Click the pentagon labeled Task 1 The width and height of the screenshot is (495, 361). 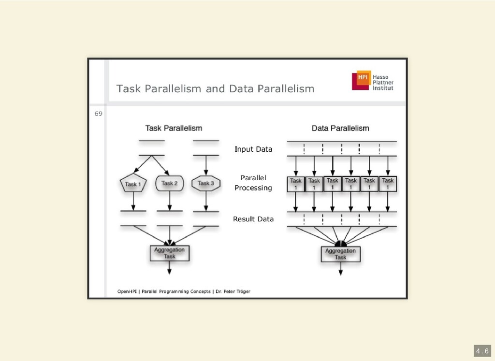tap(133, 184)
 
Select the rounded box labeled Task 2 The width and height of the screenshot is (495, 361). tap(170, 183)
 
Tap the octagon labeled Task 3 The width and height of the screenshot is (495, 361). tap(206, 183)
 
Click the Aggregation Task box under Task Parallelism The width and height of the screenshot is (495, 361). tap(169, 253)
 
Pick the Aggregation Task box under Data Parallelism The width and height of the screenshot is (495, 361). tap(340, 254)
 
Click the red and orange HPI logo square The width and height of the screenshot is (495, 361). tap(361, 80)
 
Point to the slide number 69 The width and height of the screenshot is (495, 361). tap(98, 114)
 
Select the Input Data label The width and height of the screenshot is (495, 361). tap(253, 149)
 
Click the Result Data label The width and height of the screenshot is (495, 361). tap(253, 219)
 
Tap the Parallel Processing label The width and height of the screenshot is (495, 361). tap(253, 183)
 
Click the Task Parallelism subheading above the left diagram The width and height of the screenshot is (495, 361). tap(174, 128)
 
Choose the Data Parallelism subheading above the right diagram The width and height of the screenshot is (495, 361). tap(340, 128)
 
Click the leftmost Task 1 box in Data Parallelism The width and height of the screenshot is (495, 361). tap(296, 184)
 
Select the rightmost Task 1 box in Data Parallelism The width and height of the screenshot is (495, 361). tap(388, 184)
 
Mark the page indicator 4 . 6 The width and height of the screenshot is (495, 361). tap(481, 351)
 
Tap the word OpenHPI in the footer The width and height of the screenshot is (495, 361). tap(128, 291)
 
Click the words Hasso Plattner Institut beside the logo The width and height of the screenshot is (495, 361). tap(383, 83)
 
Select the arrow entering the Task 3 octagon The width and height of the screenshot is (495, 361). tap(206, 167)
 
